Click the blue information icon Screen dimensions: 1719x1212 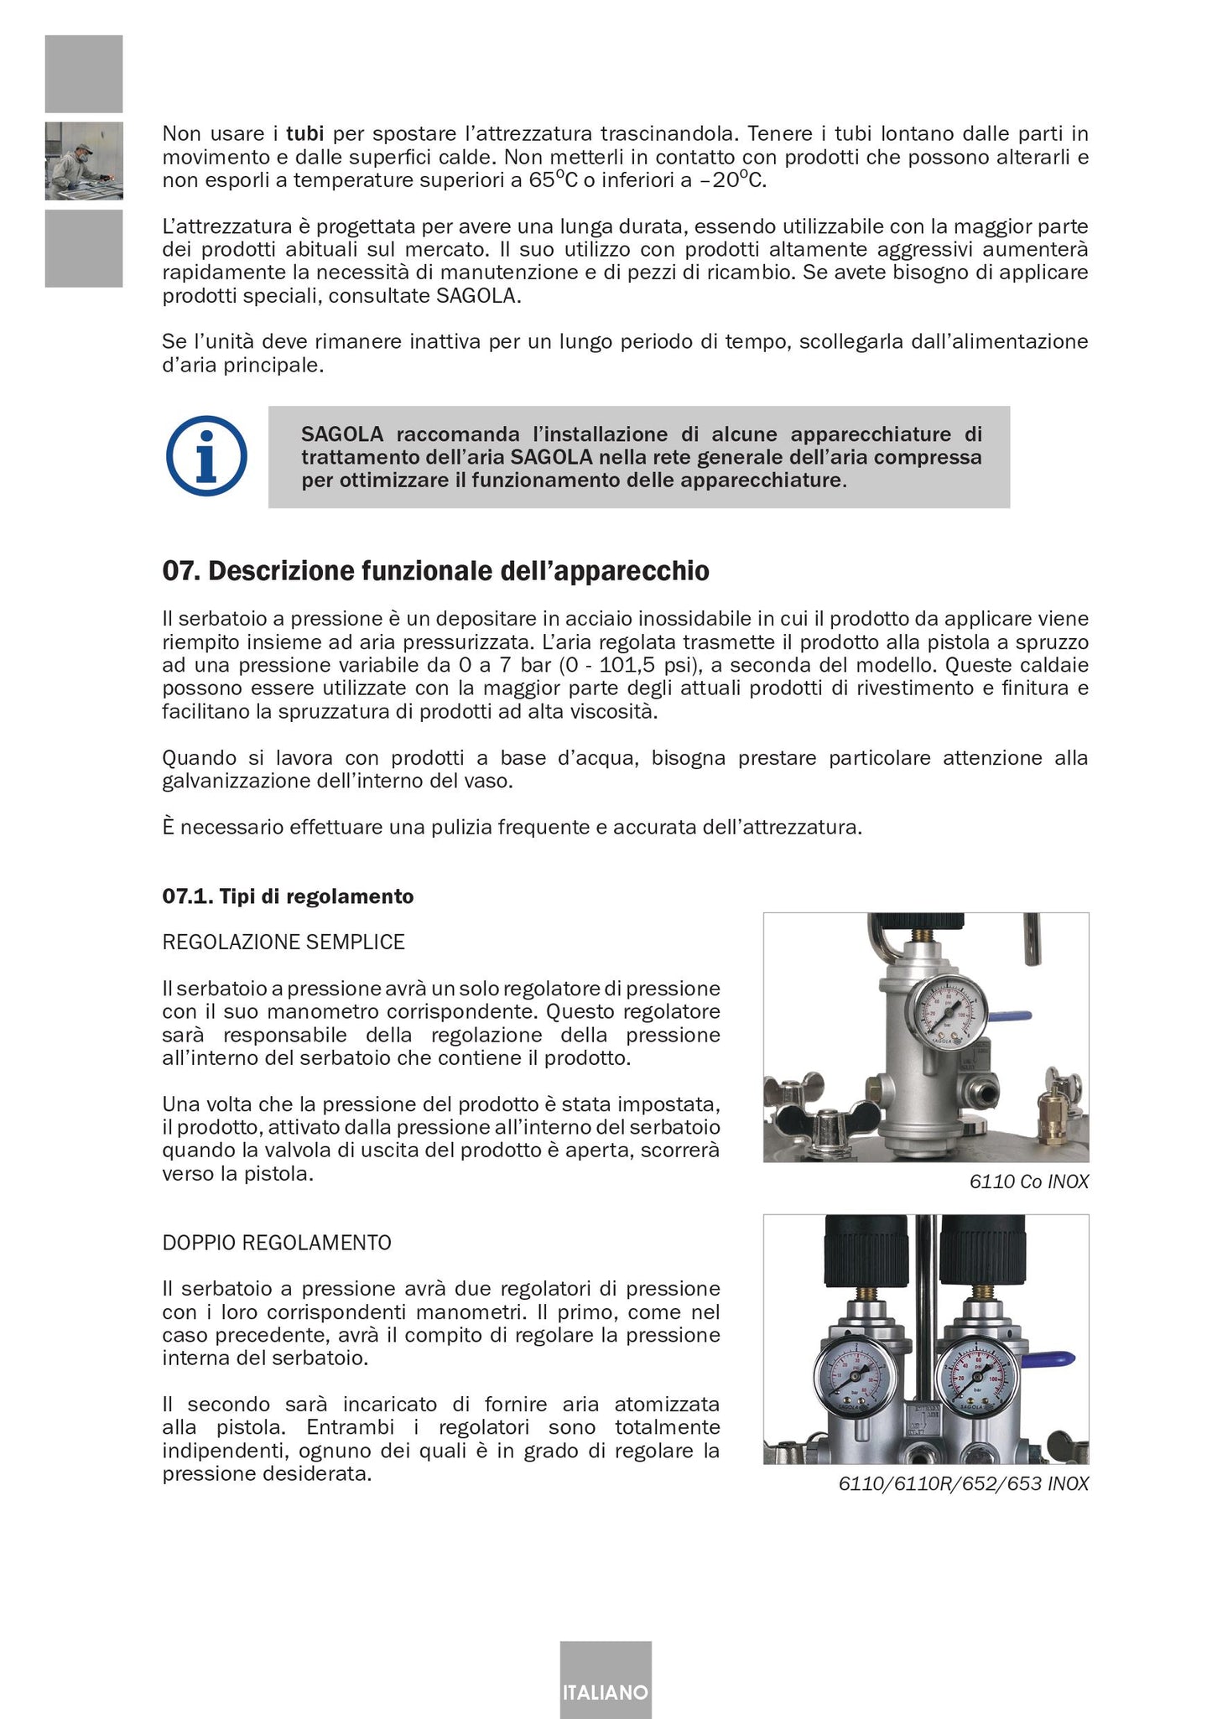click(206, 457)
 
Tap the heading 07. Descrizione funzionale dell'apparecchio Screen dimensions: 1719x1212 click(435, 572)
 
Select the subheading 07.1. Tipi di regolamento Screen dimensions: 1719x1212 click(288, 896)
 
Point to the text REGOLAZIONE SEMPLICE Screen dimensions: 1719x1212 click(283, 942)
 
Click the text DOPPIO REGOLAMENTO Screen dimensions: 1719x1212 click(277, 1243)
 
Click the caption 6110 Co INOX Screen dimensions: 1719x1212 click(1028, 1182)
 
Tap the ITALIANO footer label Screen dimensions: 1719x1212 click(605, 1692)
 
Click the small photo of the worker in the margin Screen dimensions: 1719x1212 click(84, 161)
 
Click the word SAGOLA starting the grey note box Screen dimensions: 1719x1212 click(341, 434)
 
